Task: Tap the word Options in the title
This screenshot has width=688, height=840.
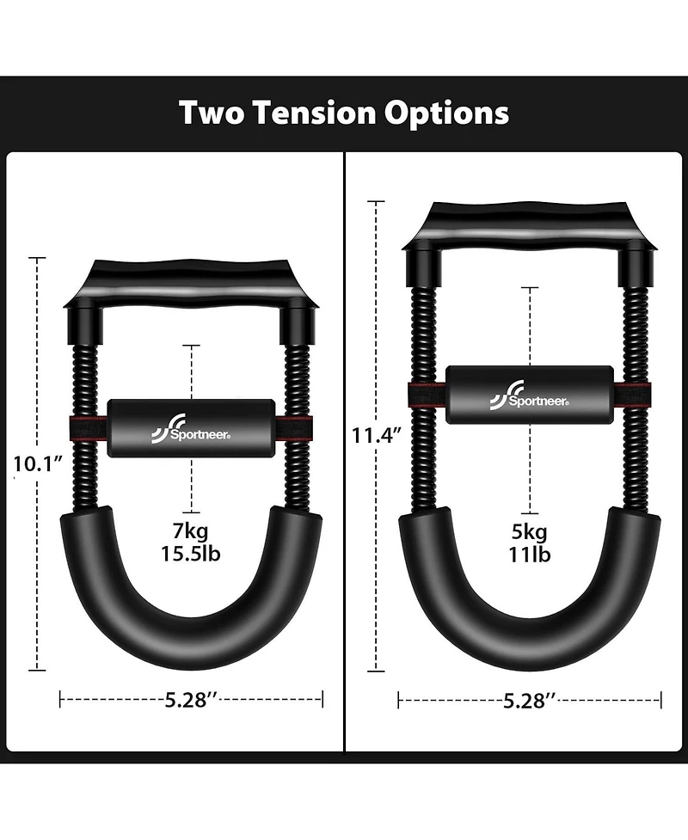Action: [449, 113]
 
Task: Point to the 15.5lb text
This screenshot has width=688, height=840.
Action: [191, 553]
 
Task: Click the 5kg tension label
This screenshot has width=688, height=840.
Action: [528, 530]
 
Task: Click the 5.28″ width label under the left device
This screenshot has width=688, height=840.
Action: [191, 699]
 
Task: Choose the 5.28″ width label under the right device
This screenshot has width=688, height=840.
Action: [528, 701]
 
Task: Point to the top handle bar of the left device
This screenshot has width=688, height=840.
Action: [191, 279]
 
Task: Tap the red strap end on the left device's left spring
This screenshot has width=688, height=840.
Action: [85, 427]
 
